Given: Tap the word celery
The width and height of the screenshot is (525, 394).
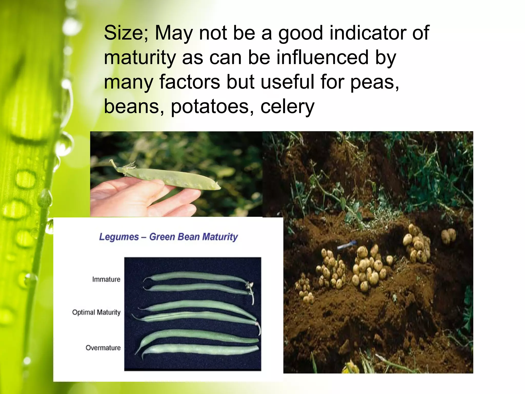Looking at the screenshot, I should pyautogui.click(x=287, y=107).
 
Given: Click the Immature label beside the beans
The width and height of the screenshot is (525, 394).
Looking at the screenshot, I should pyautogui.click(x=106, y=279).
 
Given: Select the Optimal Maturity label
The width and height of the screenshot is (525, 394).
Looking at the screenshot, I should pyautogui.click(x=96, y=312).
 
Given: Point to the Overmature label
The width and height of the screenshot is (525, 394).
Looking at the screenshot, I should pyautogui.click(x=103, y=348).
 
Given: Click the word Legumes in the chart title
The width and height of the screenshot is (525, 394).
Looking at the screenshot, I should pyautogui.click(x=119, y=237).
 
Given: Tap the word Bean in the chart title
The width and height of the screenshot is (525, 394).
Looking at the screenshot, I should pyautogui.click(x=188, y=237).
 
